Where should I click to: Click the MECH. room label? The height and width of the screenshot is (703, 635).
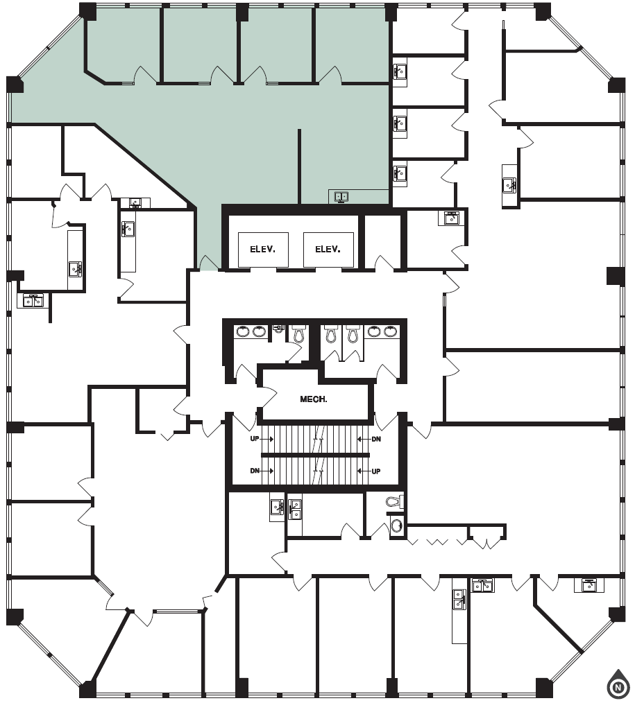(x=313, y=399)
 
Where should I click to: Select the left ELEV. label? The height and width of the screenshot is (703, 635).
(x=253, y=249)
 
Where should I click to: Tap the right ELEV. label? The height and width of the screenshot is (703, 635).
(x=328, y=249)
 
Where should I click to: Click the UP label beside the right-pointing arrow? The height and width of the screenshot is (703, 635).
(x=255, y=439)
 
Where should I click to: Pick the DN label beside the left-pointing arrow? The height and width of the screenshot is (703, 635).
(x=375, y=439)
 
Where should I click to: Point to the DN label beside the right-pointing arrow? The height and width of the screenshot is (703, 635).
(x=255, y=471)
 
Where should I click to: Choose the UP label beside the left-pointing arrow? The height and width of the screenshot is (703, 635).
(x=375, y=471)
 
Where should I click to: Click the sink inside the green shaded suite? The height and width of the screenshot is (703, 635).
(x=341, y=197)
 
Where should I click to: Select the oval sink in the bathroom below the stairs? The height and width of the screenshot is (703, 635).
(x=396, y=525)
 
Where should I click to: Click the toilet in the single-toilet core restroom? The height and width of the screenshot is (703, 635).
(x=298, y=334)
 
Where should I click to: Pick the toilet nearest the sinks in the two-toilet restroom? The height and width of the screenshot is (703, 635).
(x=352, y=334)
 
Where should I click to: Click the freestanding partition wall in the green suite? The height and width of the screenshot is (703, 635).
(x=300, y=166)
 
